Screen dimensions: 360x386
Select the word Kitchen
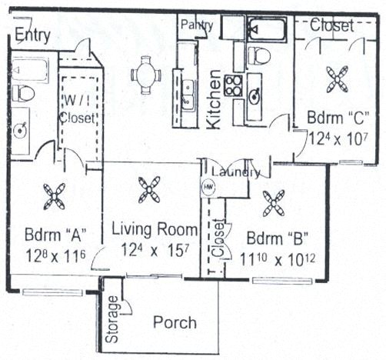[x=216, y=99]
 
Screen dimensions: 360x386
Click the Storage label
[x=112, y=324]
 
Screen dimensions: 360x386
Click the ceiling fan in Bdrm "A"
[x=56, y=196]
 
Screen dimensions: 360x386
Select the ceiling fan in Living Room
[x=147, y=189]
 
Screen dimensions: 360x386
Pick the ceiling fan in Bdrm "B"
[x=273, y=203]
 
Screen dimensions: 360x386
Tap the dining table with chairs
[x=145, y=75]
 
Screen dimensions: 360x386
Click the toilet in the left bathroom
[x=24, y=93]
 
